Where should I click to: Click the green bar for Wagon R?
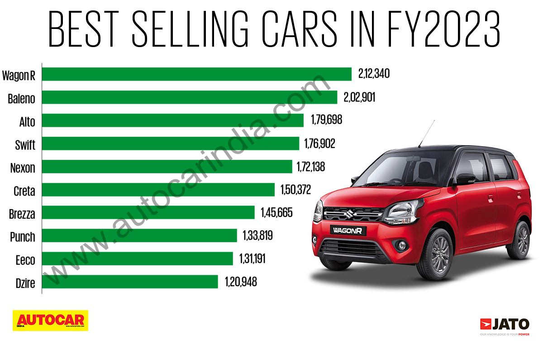coord(197,74)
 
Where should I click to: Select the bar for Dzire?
coord(130,282)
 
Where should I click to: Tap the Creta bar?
coord(158,190)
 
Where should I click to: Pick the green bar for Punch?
coord(139,235)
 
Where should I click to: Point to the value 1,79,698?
coord(326,120)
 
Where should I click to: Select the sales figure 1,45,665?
coord(276,212)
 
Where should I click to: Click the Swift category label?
coord(25,144)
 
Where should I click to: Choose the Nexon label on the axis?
coord(23,168)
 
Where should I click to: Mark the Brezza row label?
coord(22,213)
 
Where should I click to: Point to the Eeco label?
coord(25,259)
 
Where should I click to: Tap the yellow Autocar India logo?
coord(50,320)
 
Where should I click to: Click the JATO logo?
coord(504,325)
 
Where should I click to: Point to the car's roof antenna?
coord(426,134)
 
